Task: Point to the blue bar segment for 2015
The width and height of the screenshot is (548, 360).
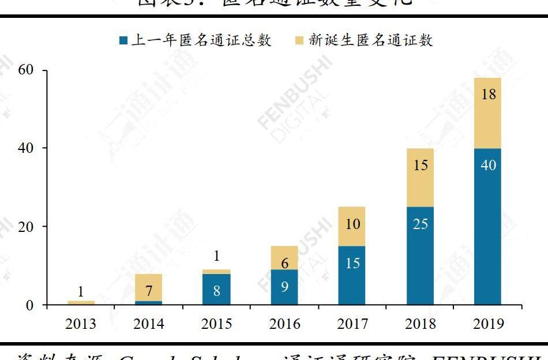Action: pos(216,289)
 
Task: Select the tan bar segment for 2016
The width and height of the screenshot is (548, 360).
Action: pos(284,258)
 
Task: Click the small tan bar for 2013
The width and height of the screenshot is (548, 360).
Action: pos(80,302)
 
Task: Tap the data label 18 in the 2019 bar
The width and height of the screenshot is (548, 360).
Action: pos(488,95)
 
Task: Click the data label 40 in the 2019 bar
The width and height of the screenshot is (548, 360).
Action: pos(488,165)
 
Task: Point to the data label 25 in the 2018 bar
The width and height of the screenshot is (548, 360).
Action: pos(421,223)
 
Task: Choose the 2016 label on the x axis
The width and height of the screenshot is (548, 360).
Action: pos(284,324)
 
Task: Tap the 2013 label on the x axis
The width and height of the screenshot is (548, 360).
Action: pos(80,324)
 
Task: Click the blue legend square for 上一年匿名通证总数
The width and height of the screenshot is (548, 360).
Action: pos(123,40)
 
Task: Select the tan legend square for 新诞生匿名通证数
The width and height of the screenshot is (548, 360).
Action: pos(299,40)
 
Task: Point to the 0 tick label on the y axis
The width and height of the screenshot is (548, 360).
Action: pos(29,305)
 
